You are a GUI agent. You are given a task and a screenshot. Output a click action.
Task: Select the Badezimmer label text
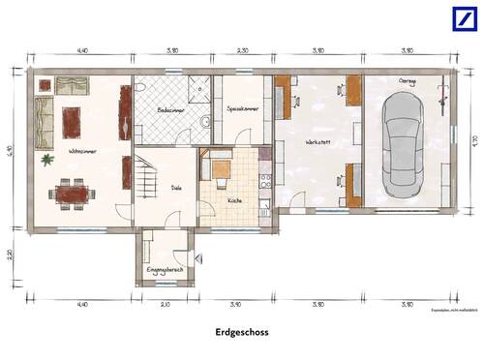170,110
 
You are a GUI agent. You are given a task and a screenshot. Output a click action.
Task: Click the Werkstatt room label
318,141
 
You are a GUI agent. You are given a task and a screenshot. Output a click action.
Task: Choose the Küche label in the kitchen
235,200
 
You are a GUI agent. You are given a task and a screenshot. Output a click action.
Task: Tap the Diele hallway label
177,188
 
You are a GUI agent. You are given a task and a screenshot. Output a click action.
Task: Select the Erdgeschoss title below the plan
243,331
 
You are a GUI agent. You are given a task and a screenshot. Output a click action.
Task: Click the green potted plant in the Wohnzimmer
46,159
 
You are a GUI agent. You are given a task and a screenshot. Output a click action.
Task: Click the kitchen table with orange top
220,170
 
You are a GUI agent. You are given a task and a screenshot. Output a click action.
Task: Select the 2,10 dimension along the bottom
165,305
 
